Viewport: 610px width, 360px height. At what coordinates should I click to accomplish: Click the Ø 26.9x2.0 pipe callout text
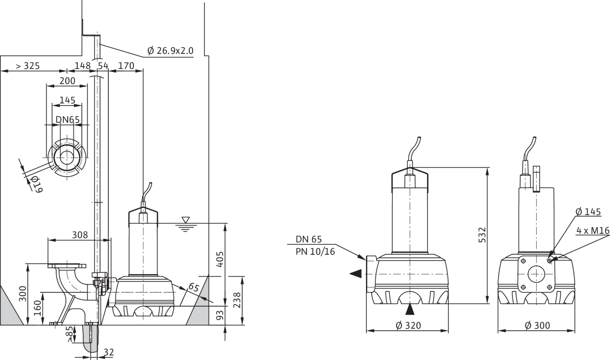(x=170, y=50)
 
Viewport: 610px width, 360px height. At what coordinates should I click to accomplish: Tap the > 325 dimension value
(x=28, y=66)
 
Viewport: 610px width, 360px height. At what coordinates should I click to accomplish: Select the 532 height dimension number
(x=482, y=235)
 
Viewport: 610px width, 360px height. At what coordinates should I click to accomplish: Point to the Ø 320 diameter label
(x=408, y=325)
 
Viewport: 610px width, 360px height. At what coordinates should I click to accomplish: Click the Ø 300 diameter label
(x=537, y=325)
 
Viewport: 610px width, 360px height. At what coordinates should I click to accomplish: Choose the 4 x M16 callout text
(x=593, y=231)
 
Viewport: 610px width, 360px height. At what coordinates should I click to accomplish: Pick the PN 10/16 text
(x=315, y=252)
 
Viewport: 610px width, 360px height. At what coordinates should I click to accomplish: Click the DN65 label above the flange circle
(x=68, y=120)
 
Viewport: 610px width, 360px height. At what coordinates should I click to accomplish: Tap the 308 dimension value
(x=80, y=235)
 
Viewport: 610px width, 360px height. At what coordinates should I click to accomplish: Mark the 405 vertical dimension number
(x=220, y=260)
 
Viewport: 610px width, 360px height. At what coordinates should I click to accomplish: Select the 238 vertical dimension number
(x=237, y=300)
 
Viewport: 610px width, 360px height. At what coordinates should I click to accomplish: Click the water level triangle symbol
(x=186, y=220)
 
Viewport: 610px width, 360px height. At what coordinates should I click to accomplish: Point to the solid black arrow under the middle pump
(x=410, y=310)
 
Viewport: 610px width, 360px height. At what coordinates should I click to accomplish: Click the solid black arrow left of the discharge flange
(x=356, y=274)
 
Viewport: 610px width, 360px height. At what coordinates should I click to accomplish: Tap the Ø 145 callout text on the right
(x=588, y=212)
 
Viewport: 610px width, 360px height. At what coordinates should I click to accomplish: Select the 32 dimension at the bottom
(x=109, y=352)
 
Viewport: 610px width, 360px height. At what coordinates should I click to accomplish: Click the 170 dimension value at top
(x=126, y=66)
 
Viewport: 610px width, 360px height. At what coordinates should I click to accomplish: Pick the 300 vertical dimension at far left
(x=23, y=294)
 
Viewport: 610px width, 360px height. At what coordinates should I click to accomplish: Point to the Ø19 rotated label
(x=37, y=184)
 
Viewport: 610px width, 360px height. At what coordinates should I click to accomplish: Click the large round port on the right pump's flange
(x=536, y=274)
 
